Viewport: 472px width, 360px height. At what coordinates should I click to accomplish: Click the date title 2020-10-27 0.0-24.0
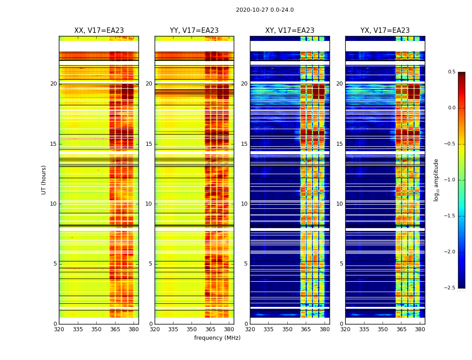point(265,10)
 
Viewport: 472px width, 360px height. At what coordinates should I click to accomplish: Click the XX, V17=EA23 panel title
point(99,31)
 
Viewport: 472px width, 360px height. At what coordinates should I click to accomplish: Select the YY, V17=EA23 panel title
point(194,31)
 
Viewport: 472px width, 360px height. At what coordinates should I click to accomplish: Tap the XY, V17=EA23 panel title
point(289,31)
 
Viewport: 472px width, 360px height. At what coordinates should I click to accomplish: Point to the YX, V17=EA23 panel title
point(385,31)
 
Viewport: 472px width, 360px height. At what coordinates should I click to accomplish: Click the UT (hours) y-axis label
point(44,180)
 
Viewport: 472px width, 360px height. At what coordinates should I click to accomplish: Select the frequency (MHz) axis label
point(217,338)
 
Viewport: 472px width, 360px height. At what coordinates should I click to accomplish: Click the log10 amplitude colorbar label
point(436,180)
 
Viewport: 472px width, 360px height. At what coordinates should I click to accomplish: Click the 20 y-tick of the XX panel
point(53,84)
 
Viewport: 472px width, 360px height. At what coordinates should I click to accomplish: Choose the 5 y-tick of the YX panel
point(341,264)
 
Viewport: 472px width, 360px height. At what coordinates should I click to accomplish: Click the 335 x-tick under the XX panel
point(78,329)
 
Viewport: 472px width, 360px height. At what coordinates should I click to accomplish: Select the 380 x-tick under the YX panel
point(420,329)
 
